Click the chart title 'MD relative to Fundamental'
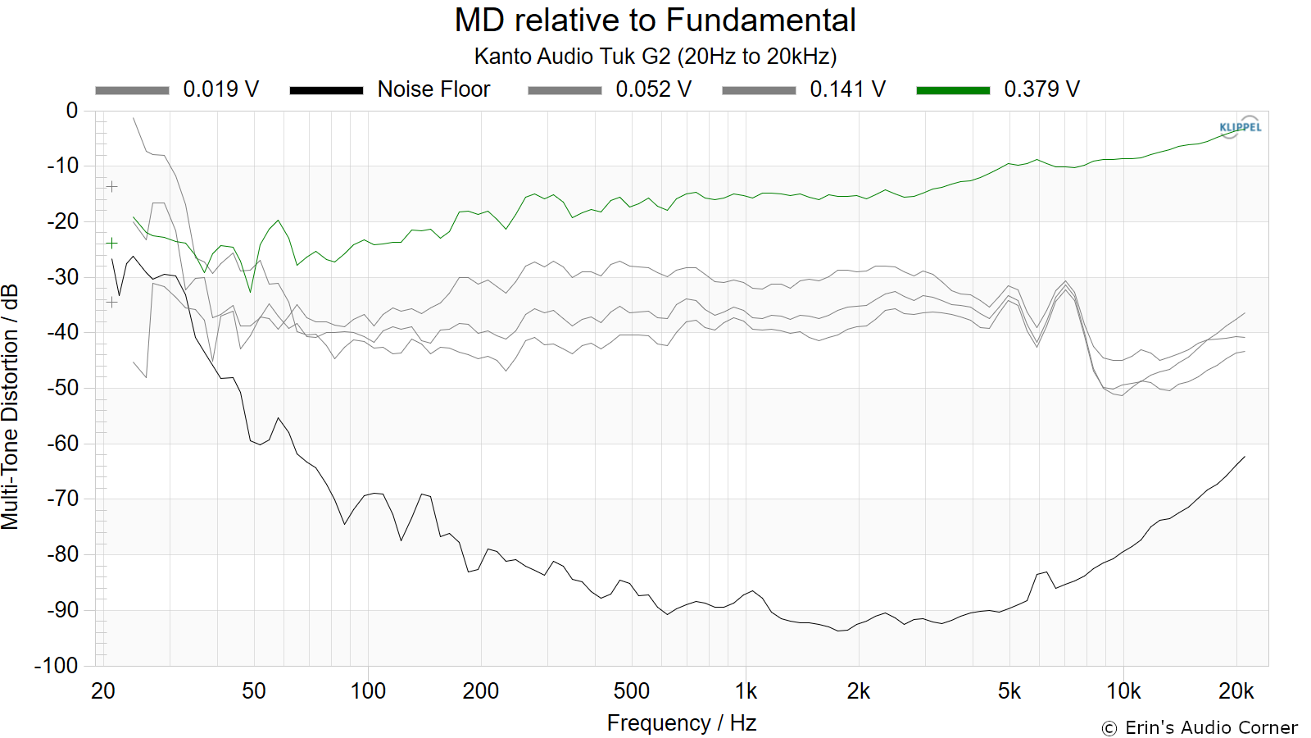tap(655, 20)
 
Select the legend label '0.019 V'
tap(220, 89)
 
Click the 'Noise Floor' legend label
tap(433, 89)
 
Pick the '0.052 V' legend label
tap(653, 89)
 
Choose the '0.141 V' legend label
tap(847, 89)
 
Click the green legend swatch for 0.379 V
tap(953, 90)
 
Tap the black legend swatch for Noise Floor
tap(327, 90)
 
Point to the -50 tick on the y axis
tap(62, 388)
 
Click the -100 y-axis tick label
tap(57, 665)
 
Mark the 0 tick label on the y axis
tap(72, 110)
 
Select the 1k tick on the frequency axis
tap(746, 691)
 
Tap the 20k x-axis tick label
tap(1236, 691)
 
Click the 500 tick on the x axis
tap(632, 691)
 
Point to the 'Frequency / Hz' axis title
tap(682, 723)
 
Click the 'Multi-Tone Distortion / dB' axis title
tap(10, 407)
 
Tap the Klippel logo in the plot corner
tap(1241, 127)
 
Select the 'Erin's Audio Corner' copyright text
tap(1200, 727)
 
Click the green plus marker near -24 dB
tap(111, 243)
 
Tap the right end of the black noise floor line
tap(1245, 456)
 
